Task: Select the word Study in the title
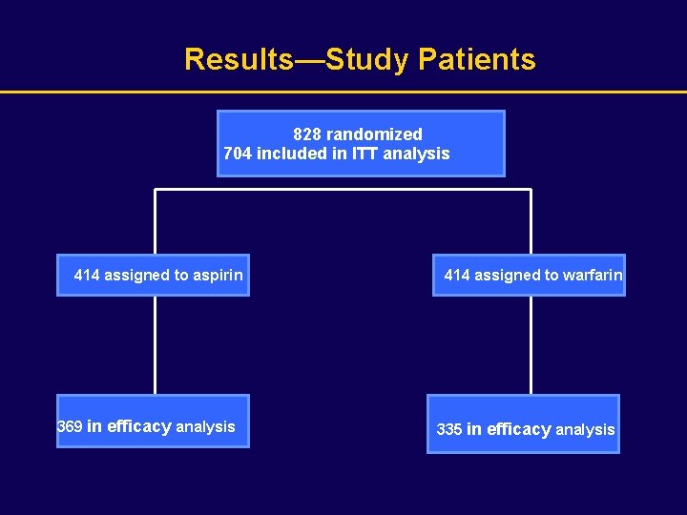coord(367,59)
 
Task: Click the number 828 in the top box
coord(307,134)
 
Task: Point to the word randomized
coord(374,134)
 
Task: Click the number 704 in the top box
coord(238,154)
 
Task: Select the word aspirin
coord(218,276)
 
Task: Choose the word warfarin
coord(593,276)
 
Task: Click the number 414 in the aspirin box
coord(87,276)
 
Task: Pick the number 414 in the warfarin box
coord(457,276)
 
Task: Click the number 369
coord(70,427)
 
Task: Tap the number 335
coord(449,430)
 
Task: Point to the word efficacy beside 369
coord(139,427)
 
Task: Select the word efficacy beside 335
coord(519,430)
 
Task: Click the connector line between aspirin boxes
coord(155,345)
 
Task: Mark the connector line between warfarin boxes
coord(531,345)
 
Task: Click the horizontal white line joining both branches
coord(343,190)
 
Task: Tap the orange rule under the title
coord(343,92)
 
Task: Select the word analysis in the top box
coord(416,154)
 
